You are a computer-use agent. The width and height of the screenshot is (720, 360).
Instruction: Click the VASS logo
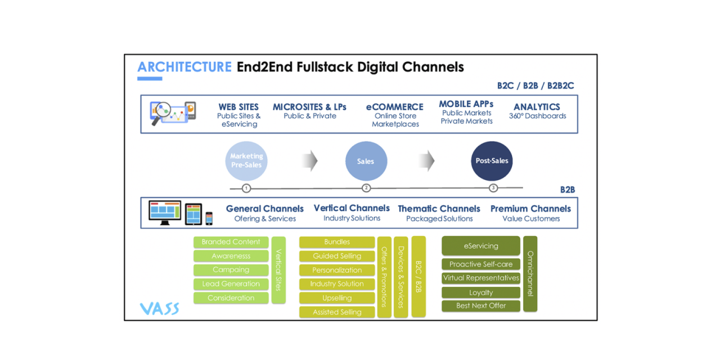(x=160, y=308)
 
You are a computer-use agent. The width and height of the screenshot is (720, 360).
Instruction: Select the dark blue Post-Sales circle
(x=492, y=161)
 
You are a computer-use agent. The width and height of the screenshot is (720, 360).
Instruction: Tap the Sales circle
(x=366, y=161)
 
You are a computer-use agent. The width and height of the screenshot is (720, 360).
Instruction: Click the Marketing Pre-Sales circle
(x=246, y=161)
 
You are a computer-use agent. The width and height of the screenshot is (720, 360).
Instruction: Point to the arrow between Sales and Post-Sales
(x=427, y=161)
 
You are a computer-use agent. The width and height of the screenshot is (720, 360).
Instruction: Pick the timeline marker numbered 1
(x=246, y=188)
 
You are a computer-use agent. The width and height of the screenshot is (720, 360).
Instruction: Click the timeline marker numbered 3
(x=493, y=188)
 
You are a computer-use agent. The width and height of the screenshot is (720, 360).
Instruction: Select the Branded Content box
(x=231, y=242)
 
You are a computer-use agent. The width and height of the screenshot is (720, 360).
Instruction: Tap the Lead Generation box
(x=231, y=284)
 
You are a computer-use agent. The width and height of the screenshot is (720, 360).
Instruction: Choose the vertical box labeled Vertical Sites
(x=278, y=270)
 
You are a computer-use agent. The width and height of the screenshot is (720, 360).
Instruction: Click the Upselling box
(x=337, y=298)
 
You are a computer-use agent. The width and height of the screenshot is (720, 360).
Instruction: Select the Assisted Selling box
(x=337, y=312)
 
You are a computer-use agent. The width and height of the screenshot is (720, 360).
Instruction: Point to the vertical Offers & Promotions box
(x=385, y=277)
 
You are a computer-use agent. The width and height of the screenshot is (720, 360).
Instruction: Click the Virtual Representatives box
(x=481, y=278)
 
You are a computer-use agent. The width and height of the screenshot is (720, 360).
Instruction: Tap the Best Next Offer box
(x=481, y=306)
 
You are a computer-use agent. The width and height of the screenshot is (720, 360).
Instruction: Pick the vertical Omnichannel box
(x=530, y=273)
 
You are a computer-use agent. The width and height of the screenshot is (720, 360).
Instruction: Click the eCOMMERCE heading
(x=395, y=107)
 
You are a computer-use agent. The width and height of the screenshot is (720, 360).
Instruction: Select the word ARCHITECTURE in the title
(x=184, y=67)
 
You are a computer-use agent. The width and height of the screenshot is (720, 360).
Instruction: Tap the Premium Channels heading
(x=530, y=209)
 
